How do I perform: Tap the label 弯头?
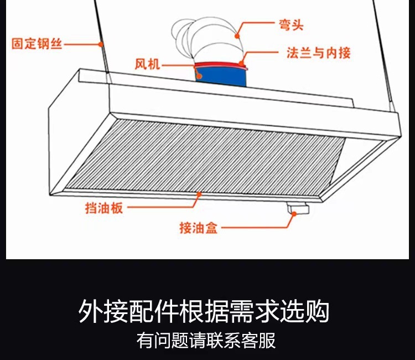click(291, 25)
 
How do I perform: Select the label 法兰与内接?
click(319, 53)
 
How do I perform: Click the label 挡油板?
click(103, 208)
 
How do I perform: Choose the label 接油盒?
click(199, 227)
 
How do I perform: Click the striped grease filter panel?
click(205, 155)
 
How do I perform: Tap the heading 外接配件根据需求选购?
click(204, 311)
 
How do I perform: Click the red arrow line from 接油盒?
click(260, 227)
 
